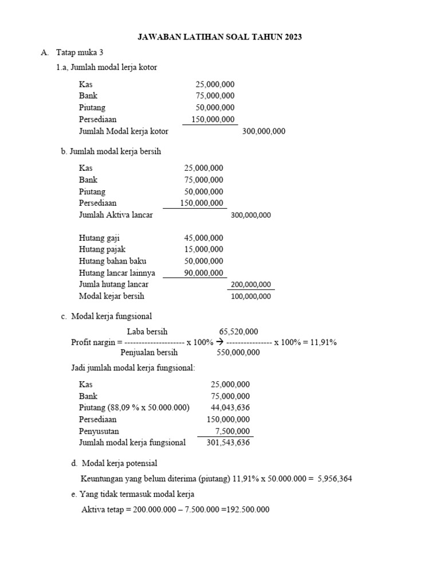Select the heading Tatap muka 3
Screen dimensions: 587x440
(x=80, y=53)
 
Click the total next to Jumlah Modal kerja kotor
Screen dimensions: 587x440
(x=264, y=131)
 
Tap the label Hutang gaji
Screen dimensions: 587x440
(x=99, y=238)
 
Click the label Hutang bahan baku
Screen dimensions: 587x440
(x=108, y=261)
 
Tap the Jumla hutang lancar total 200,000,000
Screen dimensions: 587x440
(x=250, y=285)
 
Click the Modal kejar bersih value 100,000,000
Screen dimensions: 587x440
(x=250, y=296)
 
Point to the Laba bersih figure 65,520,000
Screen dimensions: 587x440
(x=238, y=331)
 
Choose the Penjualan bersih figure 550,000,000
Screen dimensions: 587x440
(x=238, y=353)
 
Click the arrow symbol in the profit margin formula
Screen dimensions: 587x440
(x=219, y=342)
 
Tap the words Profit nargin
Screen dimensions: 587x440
(x=93, y=342)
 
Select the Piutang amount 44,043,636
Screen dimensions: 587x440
(x=230, y=408)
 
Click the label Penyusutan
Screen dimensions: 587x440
(x=99, y=431)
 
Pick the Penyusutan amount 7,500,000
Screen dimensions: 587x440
(x=232, y=431)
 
